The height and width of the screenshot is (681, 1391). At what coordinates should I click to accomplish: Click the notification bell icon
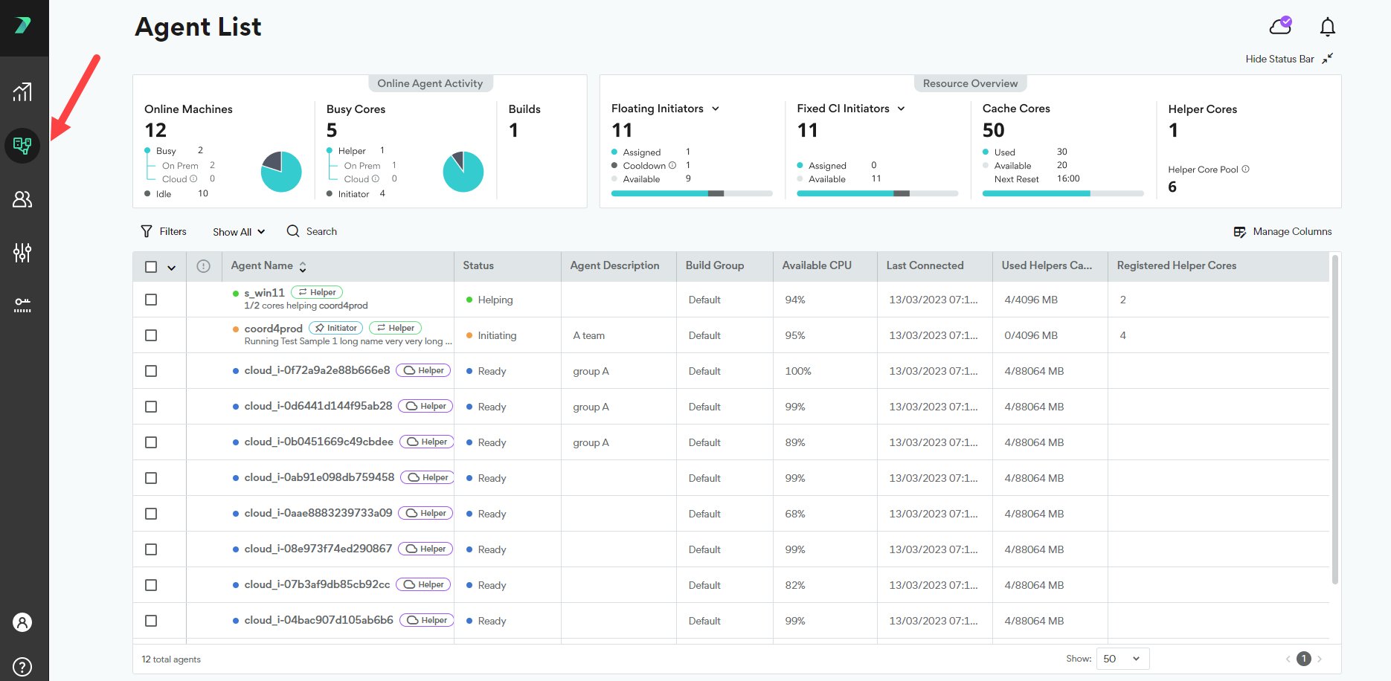1327,27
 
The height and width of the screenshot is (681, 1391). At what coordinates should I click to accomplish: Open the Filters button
164,231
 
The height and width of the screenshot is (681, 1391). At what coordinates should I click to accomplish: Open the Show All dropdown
239,232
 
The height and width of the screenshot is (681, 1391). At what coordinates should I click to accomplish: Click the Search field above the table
312,231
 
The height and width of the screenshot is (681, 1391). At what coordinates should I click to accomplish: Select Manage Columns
1282,231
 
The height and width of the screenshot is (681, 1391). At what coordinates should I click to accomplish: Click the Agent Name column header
262,265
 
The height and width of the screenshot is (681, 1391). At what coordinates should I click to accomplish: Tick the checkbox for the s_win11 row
151,300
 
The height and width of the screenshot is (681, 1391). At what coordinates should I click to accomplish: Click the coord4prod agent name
273,329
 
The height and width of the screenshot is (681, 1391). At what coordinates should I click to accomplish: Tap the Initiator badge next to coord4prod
335,328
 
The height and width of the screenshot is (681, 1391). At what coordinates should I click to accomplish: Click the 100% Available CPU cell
798,371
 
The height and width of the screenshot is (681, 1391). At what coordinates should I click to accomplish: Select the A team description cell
588,335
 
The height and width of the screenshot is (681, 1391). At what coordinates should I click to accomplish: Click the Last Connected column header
925,265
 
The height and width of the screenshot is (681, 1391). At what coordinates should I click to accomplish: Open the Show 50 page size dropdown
1122,659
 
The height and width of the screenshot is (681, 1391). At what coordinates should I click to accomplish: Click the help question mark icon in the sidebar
23,666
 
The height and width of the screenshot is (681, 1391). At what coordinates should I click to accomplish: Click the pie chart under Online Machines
281,172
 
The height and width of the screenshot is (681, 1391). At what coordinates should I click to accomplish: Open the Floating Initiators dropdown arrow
716,109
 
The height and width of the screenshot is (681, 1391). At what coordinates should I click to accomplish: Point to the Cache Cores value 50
993,131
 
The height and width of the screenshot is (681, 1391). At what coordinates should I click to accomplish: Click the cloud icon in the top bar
1280,26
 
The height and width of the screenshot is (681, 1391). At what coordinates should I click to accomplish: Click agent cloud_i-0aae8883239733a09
318,513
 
